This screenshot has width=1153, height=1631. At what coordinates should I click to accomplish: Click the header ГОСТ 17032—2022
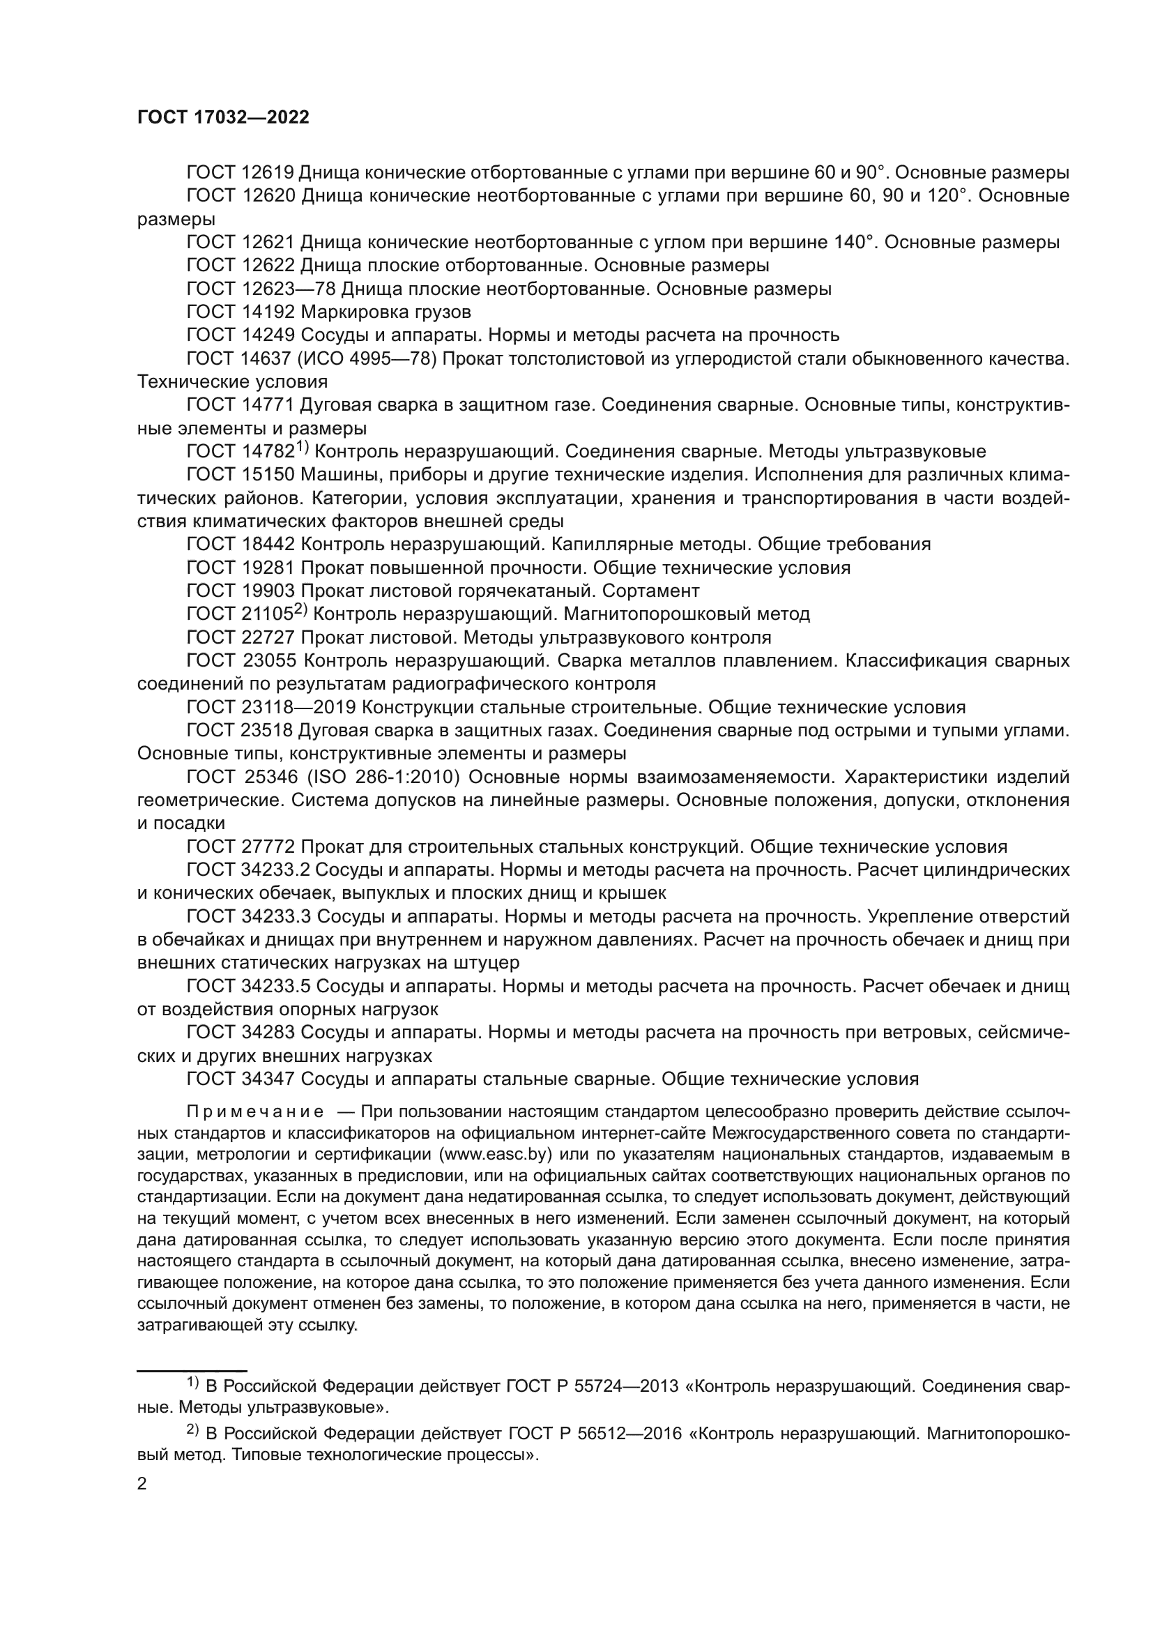(x=223, y=118)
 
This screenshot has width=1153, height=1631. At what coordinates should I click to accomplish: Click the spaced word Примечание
(x=256, y=1111)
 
